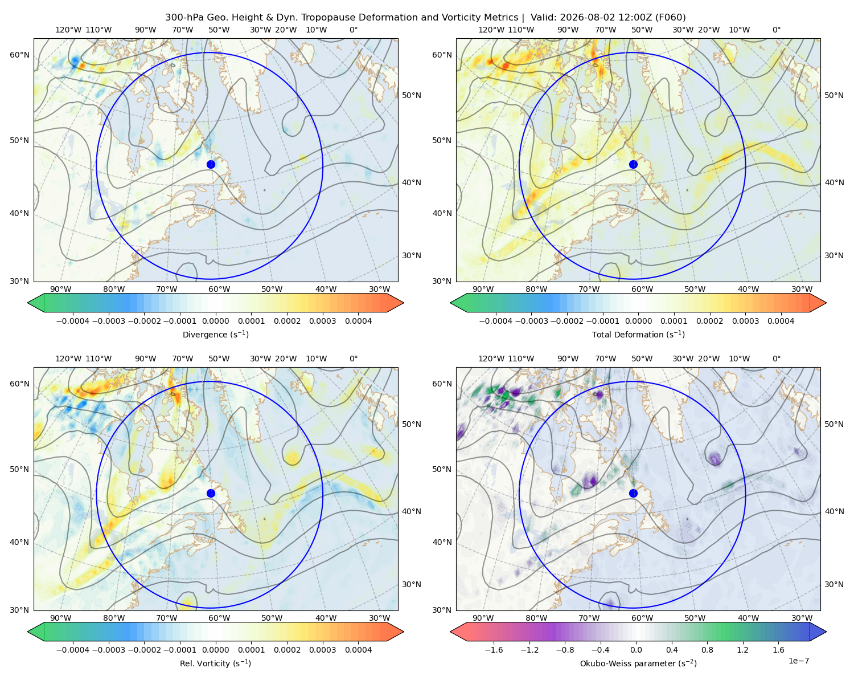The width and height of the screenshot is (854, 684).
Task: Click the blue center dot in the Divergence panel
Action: tap(211, 165)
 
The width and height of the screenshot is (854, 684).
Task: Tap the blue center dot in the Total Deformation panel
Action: tap(633, 165)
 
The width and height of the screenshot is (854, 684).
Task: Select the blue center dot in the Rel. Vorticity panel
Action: tap(211, 493)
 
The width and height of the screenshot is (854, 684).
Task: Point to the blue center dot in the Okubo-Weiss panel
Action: tap(633, 493)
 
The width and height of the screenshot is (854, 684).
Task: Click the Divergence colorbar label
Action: tap(215, 335)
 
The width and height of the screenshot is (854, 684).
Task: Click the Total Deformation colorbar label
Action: tap(638, 335)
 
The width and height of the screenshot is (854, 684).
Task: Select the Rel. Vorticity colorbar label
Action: tap(215, 663)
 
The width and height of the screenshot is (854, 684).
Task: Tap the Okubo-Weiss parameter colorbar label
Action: tap(638, 663)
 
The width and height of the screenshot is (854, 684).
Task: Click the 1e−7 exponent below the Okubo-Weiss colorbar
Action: tap(798, 661)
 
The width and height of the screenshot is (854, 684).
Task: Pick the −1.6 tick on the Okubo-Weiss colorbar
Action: tap(494, 650)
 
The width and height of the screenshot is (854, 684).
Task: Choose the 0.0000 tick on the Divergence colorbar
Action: tap(215, 321)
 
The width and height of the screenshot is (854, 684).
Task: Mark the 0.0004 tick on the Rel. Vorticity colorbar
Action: tap(358, 650)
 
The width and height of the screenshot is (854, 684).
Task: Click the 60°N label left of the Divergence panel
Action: tap(19, 55)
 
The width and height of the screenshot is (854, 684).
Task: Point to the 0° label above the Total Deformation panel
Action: tap(776, 30)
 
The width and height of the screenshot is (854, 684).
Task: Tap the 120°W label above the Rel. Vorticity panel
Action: tap(68, 359)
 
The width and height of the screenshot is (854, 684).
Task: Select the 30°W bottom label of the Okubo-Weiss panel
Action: tap(802, 618)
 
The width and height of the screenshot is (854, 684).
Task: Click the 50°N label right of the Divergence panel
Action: tap(412, 95)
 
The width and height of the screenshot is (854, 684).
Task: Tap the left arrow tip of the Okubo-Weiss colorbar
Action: tap(450, 632)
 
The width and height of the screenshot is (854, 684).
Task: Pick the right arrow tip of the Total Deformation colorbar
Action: tap(826, 303)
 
